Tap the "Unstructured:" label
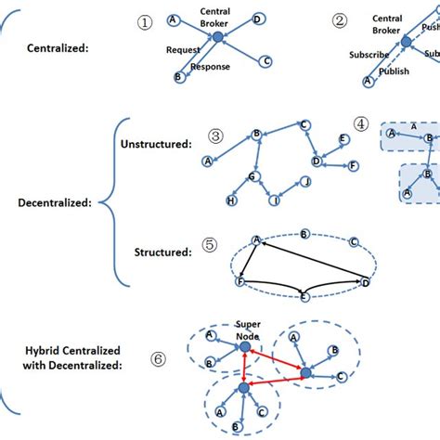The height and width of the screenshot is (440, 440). pyautogui.click(x=156, y=144)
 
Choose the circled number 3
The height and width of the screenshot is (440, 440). pyautogui.click(x=215, y=136)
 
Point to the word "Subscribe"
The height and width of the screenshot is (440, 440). pyautogui.click(x=369, y=54)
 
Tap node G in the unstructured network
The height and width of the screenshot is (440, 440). pyautogui.click(x=251, y=175)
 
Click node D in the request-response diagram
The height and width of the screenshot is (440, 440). pyautogui.click(x=256, y=19)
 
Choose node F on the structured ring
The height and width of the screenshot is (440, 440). pyautogui.click(x=241, y=279)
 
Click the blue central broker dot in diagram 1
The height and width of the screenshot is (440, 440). pyautogui.click(x=217, y=36)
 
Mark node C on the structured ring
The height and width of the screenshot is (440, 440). pyautogui.click(x=353, y=242)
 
